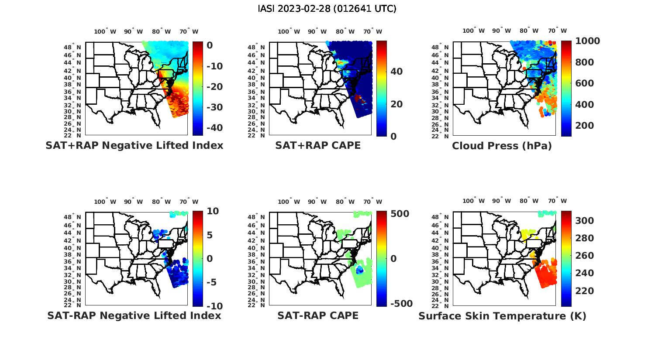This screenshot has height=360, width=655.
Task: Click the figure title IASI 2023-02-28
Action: click(327, 9)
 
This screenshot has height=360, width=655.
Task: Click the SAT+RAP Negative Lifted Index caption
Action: click(134, 145)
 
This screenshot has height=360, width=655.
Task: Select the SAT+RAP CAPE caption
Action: click(318, 145)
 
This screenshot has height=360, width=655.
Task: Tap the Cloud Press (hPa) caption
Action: click(502, 146)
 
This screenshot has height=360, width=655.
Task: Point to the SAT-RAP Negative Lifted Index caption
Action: click(134, 315)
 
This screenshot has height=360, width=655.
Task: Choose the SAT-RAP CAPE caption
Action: click(318, 315)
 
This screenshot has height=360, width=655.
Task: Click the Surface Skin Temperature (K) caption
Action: click(502, 316)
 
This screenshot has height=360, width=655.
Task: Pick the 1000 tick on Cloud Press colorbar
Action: click(587, 41)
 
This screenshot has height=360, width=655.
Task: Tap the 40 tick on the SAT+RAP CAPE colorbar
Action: click(396, 71)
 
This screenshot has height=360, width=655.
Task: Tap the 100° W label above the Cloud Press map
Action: click(474, 31)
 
